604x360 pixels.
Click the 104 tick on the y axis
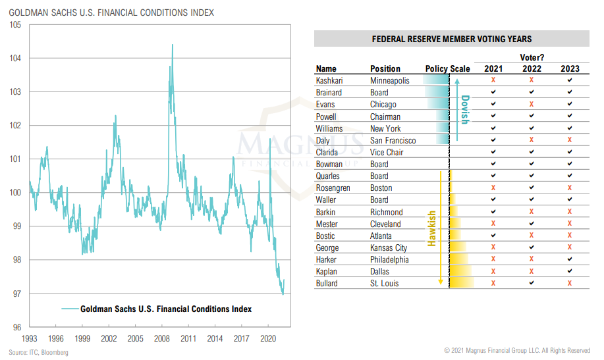tap(14, 59)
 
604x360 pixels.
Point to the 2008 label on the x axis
tap(162, 338)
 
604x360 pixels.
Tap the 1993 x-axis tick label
tap(29, 338)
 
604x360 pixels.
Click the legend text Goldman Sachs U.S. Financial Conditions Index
tap(166, 309)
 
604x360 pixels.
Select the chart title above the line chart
tap(111, 13)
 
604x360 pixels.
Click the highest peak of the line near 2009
tap(173, 45)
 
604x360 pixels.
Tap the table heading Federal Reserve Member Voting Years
tap(453, 39)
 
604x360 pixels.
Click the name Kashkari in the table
tap(330, 80)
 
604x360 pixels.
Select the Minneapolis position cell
tap(390, 80)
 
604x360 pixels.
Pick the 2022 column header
tap(532, 68)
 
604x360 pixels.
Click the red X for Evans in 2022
tap(532, 104)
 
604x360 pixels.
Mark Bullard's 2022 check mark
tap(532, 283)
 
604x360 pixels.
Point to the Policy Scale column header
tap(448, 68)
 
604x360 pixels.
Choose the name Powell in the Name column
tap(326, 116)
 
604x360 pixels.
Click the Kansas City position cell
tap(389, 247)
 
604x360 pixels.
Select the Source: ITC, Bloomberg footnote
tap(38, 352)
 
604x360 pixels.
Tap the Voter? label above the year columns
tap(532, 58)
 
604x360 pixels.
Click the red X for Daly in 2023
tap(570, 140)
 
